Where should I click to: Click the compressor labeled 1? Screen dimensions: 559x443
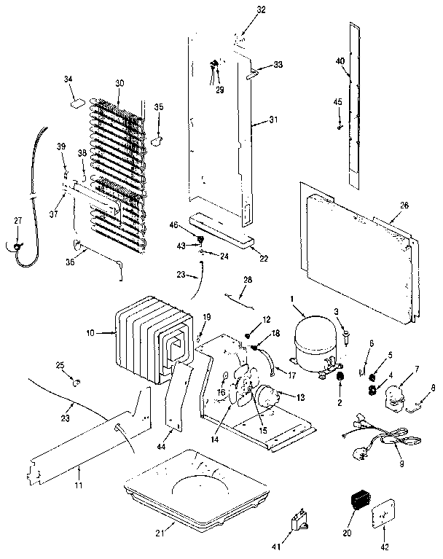[x=315, y=337]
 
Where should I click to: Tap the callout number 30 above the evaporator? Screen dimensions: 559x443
[x=119, y=82]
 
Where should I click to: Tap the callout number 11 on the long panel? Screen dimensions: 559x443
[x=76, y=474]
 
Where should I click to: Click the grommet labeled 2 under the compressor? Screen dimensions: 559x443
[x=339, y=375]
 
